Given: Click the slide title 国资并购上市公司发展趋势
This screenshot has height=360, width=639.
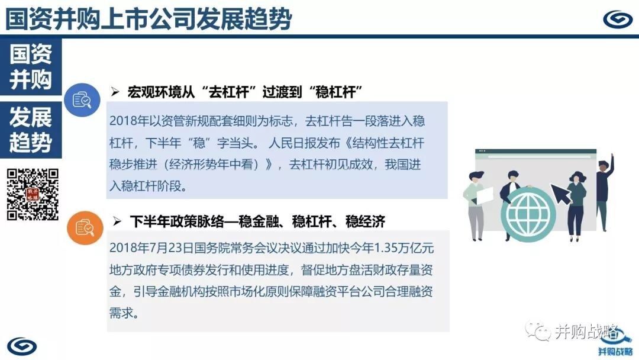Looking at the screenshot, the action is coord(149,19).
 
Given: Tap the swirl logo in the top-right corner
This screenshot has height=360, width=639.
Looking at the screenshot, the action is coord(617,19).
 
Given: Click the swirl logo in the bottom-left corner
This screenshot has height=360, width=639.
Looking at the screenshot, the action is coord(22,346).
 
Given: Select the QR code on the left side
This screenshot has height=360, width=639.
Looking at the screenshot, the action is coord(33,194).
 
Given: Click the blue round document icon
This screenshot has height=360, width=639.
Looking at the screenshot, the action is coord(82,100).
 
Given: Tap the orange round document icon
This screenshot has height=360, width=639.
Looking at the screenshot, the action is coord(85,227).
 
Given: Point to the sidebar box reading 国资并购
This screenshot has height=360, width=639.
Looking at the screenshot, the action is coord(31,67).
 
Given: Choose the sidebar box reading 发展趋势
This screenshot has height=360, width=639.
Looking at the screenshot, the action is coord(31,130).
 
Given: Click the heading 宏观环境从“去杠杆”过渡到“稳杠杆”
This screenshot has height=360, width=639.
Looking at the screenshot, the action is coord(245,92).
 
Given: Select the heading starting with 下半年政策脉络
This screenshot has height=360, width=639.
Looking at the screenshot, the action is coord(257,221).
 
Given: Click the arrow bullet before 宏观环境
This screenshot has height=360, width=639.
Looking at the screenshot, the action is coord(115,92).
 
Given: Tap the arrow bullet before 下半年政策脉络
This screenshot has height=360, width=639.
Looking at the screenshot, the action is coord(117,221).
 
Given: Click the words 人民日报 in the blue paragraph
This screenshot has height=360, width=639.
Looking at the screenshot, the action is coord(292,143).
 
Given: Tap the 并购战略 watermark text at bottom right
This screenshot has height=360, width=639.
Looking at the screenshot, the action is coord(586,332).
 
